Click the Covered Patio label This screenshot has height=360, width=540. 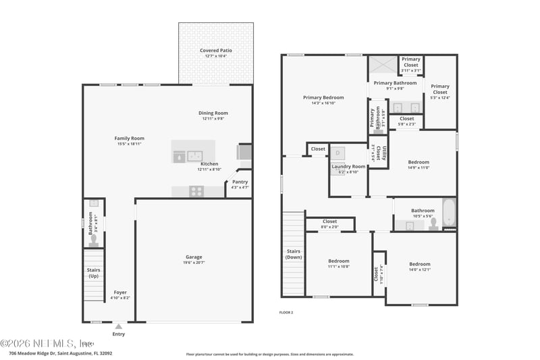click(x=216, y=51)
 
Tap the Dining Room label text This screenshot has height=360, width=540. click(x=213, y=113)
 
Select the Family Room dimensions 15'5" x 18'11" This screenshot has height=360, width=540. click(x=129, y=144)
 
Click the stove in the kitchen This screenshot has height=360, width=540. click(x=196, y=191)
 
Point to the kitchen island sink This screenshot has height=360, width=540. click(x=194, y=155)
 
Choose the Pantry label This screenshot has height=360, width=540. click(x=240, y=182)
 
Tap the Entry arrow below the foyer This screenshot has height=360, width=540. click(x=119, y=326)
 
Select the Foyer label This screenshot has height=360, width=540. click(x=119, y=292)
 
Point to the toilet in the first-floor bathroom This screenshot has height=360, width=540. click(x=93, y=238)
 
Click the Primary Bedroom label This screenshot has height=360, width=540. click(x=323, y=97)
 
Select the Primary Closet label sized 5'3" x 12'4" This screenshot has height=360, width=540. click(x=440, y=86)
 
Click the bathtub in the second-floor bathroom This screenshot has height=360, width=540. click(x=449, y=213)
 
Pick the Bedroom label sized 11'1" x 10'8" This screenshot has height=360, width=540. click(x=339, y=261)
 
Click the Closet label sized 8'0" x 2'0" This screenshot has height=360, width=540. click(x=329, y=222)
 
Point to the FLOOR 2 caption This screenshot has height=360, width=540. click(x=286, y=313)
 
